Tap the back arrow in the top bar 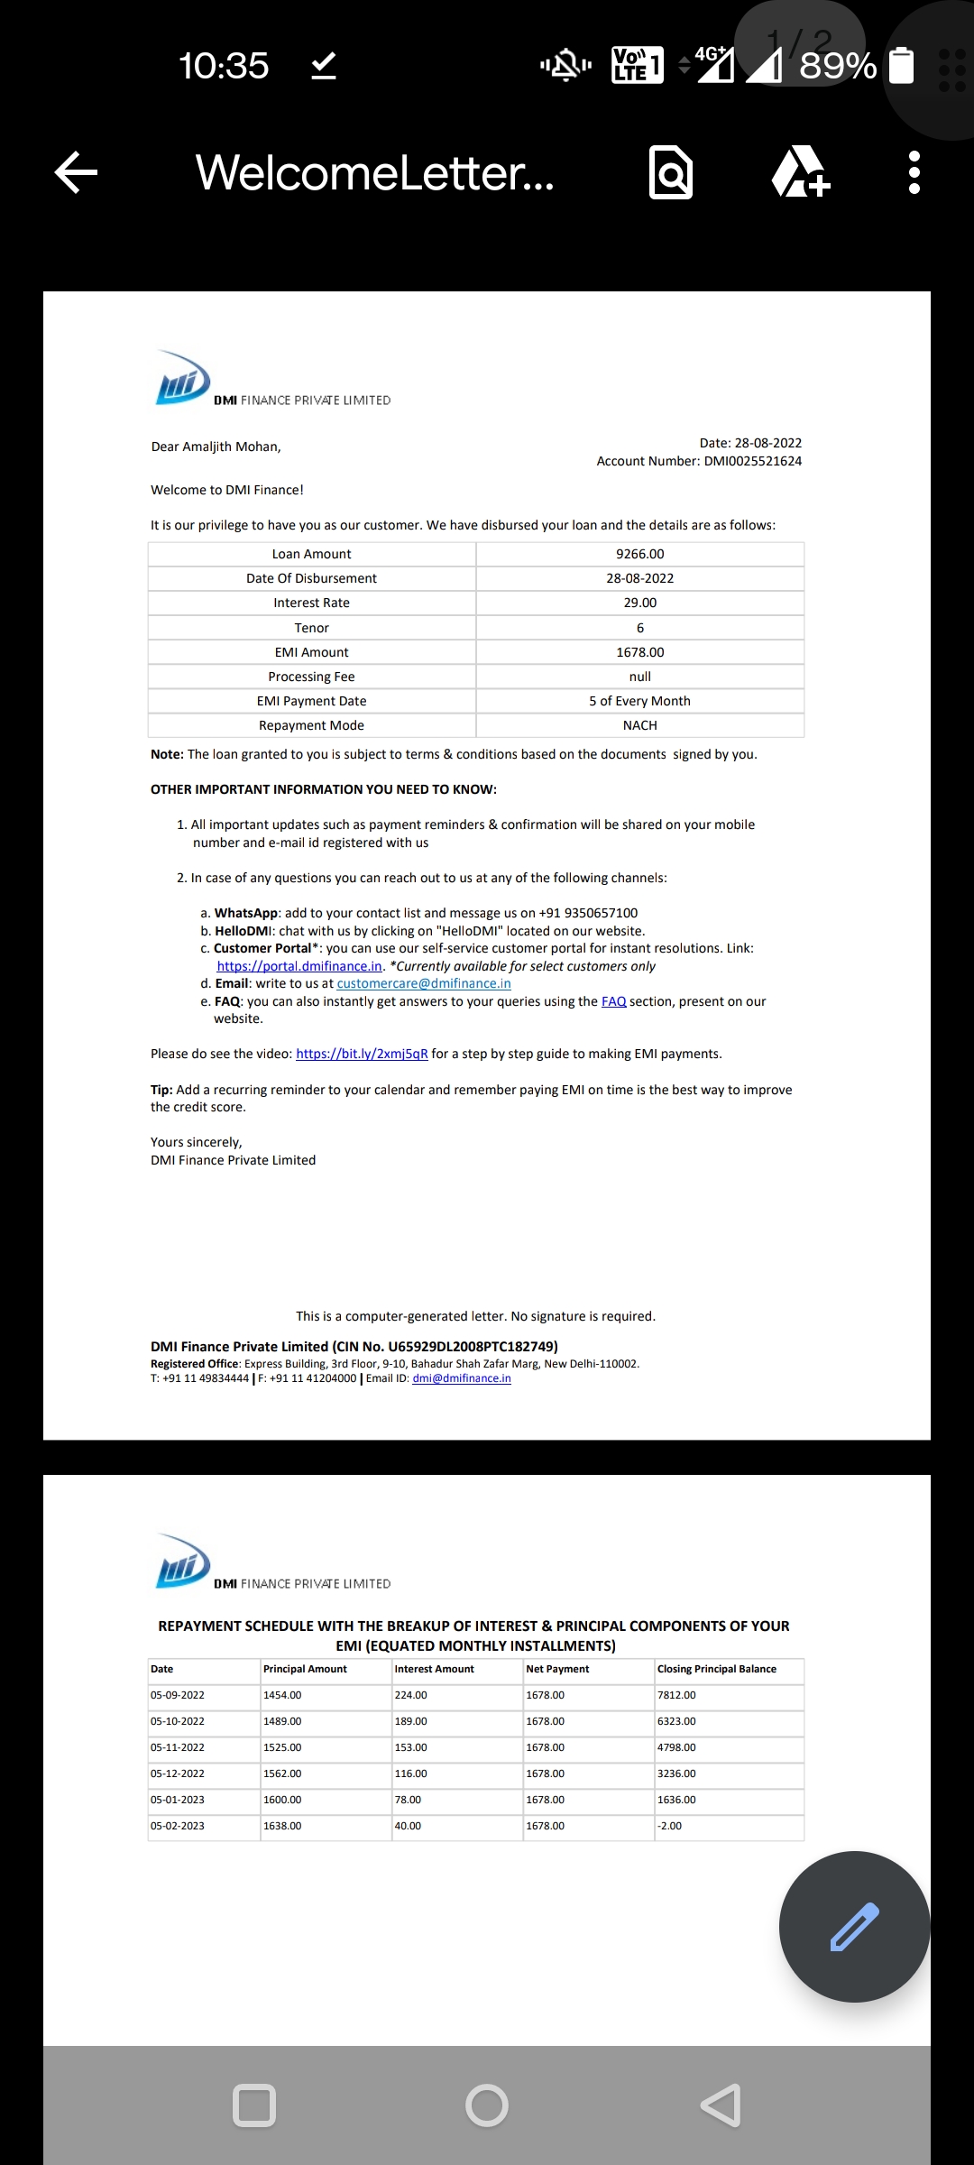click(x=77, y=172)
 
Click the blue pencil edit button click(x=853, y=1927)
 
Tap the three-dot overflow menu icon click(x=914, y=172)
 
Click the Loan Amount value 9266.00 click(x=639, y=554)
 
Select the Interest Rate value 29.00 click(x=639, y=603)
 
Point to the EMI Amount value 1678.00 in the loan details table click(x=639, y=652)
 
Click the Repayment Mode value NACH click(x=639, y=725)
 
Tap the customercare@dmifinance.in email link click(x=424, y=983)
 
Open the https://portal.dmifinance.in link click(x=299, y=966)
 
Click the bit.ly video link click(x=362, y=1054)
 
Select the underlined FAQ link click(x=613, y=1001)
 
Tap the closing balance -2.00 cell click(x=670, y=1826)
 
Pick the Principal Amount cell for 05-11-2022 click(x=282, y=1747)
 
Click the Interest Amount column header click(x=434, y=1669)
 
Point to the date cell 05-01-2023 click(x=178, y=1800)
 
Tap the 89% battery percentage click(x=837, y=66)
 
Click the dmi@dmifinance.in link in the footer click(x=462, y=1378)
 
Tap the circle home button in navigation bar click(x=487, y=2106)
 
